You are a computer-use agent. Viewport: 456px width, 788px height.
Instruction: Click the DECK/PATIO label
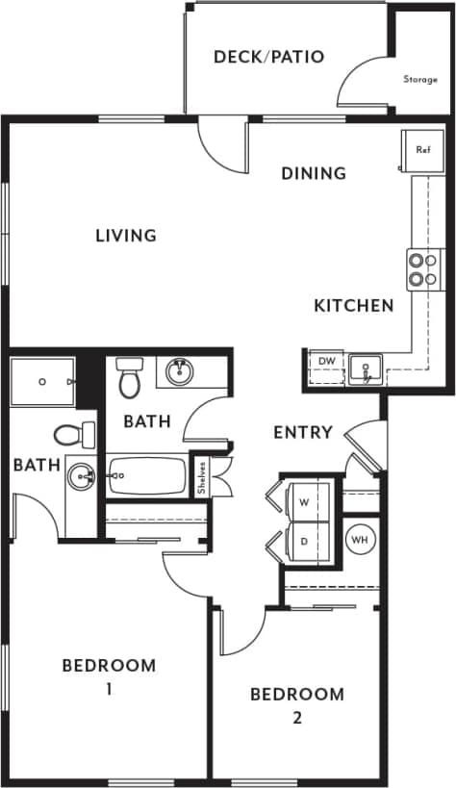[268, 57]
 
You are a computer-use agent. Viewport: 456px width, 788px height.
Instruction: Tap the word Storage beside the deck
[420, 79]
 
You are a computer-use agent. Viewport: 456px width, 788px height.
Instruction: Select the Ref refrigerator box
[422, 150]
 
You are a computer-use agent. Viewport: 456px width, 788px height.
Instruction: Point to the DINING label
[314, 173]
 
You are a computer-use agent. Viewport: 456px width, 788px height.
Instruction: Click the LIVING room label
[126, 235]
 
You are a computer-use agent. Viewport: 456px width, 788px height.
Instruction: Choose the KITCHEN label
[354, 306]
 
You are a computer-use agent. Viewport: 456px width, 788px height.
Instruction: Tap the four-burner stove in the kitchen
[420, 268]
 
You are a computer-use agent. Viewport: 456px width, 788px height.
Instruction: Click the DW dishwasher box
[325, 362]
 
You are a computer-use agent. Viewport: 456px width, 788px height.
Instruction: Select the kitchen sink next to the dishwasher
[365, 367]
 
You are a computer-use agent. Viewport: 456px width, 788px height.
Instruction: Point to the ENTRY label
[303, 432]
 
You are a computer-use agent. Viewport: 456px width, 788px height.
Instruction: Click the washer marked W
[304, 502]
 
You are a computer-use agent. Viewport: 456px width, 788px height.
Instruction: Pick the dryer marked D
[304, 542]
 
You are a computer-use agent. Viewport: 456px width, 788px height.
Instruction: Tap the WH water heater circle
[360, 540]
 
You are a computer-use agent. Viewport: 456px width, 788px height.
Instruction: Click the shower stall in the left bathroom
[43, 381]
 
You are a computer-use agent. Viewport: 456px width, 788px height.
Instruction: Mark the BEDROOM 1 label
[109, 675]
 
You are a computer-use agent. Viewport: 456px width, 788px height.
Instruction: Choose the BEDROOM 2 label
[296, 704]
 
